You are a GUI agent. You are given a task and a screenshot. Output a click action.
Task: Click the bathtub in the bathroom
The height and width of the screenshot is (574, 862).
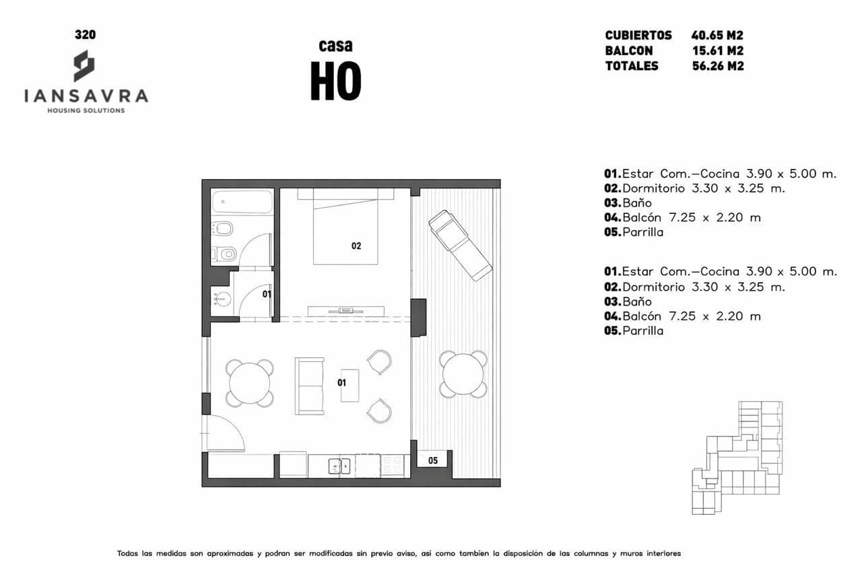pos(242,201)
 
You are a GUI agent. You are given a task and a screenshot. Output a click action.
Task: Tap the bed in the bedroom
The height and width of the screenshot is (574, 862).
pos(345,227)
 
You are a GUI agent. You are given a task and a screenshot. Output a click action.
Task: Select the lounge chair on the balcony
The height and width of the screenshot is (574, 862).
pos(460,246)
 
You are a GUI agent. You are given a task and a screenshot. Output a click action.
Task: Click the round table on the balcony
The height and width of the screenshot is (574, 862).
pos(463,374)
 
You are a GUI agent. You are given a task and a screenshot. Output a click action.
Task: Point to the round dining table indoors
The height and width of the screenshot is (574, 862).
pos(250,384)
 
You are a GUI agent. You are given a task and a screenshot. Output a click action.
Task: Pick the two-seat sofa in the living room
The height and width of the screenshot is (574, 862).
pos(309,386)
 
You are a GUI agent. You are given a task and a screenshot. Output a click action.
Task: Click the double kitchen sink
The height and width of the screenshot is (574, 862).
pos(339,466)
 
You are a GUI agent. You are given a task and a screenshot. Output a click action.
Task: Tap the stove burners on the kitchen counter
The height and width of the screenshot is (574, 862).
pos(392,466)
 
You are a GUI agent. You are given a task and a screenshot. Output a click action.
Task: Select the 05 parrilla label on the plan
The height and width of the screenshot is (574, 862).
pos(433,460)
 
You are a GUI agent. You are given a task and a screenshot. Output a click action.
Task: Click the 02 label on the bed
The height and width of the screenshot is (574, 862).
pos(356,246)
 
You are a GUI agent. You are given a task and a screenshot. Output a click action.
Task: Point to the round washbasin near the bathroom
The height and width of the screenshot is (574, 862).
pos(222,299)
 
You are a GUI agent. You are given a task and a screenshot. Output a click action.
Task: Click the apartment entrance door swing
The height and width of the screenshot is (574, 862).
pos(226,432)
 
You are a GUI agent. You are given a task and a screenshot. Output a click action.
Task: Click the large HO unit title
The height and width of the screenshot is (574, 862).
pos(336,81)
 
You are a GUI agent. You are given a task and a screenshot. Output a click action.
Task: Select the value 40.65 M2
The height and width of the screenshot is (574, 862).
pos(717,36)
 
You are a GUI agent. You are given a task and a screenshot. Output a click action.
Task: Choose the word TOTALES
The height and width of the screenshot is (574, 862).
pos(632,66)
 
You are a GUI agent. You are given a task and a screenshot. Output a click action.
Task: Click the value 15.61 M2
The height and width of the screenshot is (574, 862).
pos(718,50)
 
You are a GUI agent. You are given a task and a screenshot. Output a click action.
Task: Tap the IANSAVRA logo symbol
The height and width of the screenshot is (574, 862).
pos(84,66)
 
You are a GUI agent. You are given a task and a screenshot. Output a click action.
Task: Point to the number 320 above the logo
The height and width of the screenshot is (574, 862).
pos(86,34)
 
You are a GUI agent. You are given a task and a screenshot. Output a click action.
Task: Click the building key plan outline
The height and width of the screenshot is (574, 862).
pos(737,458)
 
